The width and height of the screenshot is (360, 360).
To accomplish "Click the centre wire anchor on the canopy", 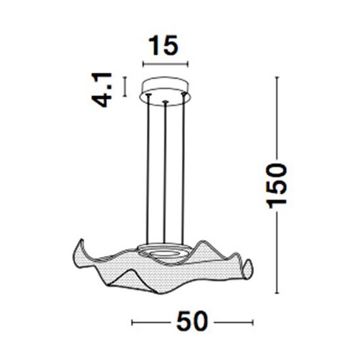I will (165, 101).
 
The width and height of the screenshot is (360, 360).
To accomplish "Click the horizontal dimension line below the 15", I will (165, 64).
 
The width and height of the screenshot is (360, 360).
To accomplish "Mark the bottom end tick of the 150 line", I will (276, 292).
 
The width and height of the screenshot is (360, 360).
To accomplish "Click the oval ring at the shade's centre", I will (166, 252).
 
